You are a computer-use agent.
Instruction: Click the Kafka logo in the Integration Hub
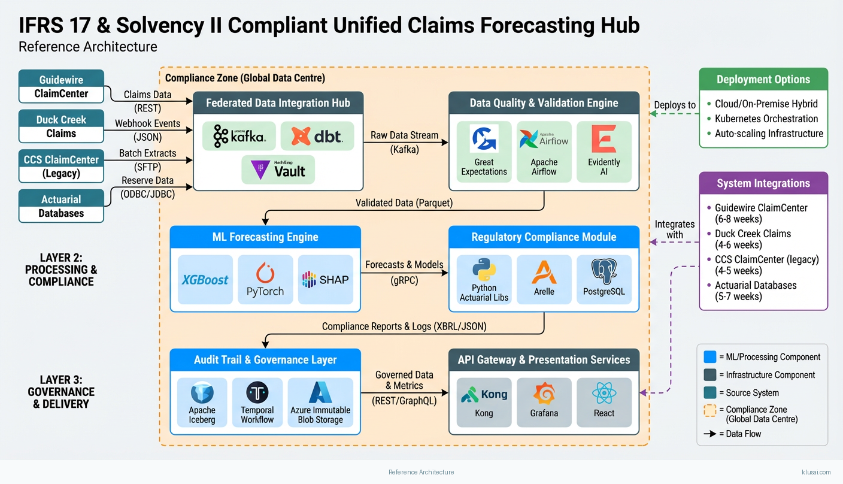pos(239,137)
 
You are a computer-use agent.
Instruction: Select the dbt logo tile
pos(317,137)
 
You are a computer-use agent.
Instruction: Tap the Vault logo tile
pos(278,170)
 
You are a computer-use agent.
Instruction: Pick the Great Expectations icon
pos(484,138)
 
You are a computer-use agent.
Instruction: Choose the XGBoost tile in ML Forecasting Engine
pos(205,279)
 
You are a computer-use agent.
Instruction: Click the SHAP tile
pos(325,279)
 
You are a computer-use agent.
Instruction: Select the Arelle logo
pos(544,272)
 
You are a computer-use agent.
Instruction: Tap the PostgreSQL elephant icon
pos(604,271)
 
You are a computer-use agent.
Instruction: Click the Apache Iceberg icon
pos(202,392)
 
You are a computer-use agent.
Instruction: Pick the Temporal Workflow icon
pos(257,392)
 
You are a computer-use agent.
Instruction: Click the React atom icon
pos(604,394)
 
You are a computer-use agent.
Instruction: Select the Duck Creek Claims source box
pos(61,126)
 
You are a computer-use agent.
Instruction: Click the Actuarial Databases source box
pos(61,206)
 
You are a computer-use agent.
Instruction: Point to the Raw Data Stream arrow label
pos(405,135)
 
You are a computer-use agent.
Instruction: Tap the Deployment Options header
pos(763,80)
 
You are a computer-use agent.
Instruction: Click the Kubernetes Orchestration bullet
pos(766,119)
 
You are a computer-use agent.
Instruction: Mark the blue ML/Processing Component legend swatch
pos(710,357)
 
